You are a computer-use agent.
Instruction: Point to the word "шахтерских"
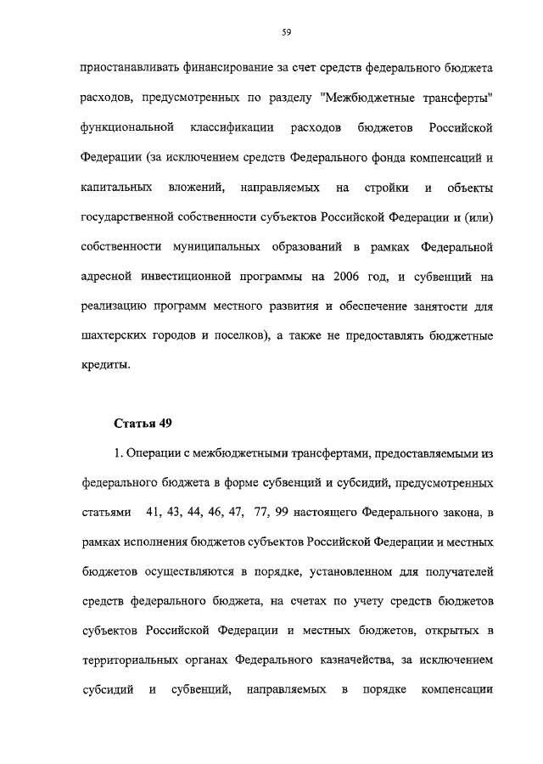[115, 336]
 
